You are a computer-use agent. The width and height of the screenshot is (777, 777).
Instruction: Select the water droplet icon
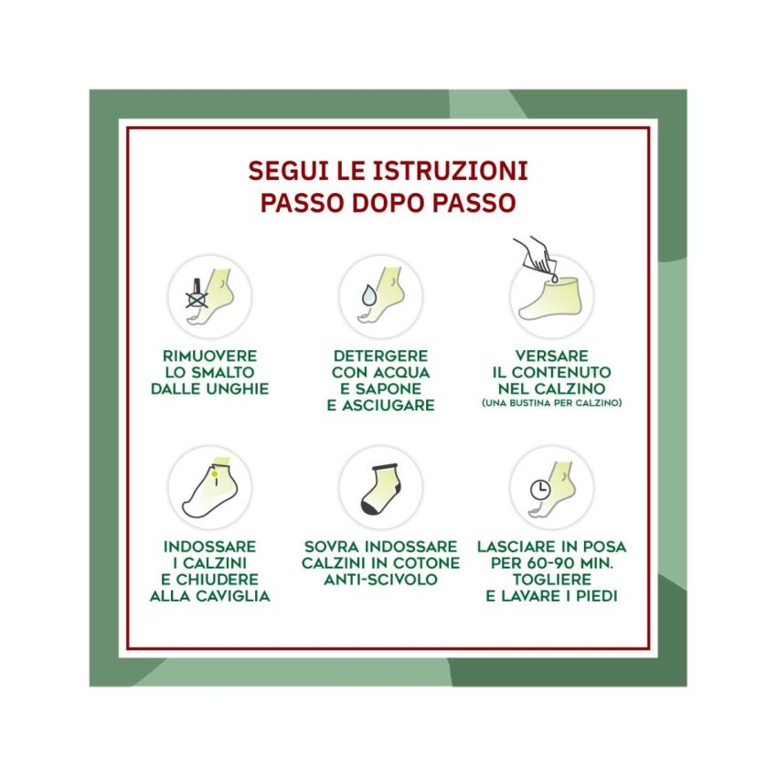[367, 295]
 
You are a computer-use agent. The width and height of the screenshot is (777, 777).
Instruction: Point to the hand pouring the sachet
[532, 251]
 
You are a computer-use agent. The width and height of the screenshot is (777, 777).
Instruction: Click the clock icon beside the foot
[538, 489]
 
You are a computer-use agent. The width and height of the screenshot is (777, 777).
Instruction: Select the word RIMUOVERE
[209, 355]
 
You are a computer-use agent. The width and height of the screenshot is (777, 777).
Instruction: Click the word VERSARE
[551, 355]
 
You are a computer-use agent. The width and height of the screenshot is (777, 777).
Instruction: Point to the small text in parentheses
[551, 403]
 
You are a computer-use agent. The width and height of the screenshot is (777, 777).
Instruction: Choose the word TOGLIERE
[551, 580]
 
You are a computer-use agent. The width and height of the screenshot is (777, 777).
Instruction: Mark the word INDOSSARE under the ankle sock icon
[209, 547]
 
